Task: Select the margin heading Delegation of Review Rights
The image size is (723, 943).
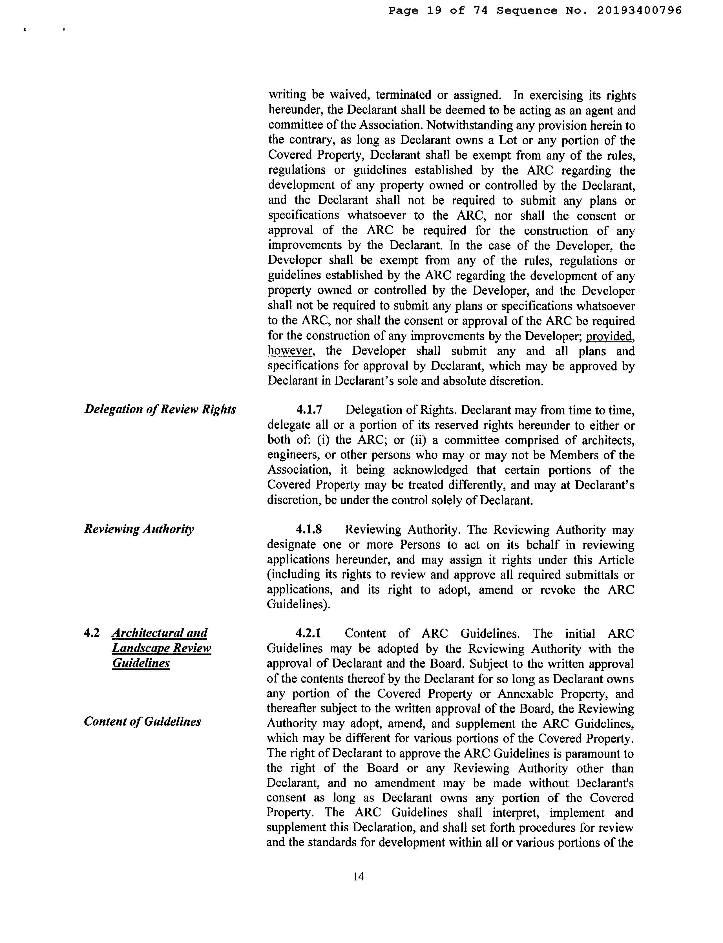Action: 160,409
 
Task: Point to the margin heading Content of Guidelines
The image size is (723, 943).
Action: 142,721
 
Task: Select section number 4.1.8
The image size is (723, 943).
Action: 309,529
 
